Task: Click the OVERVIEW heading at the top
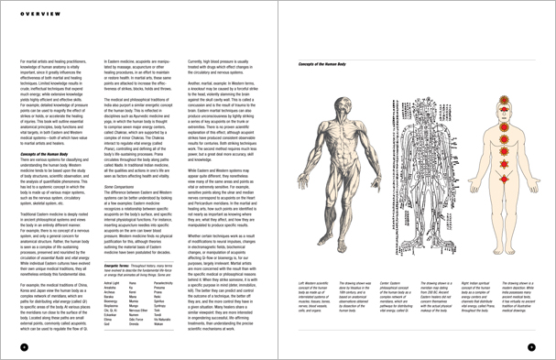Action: pyautogui.click(x=34, y=15)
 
